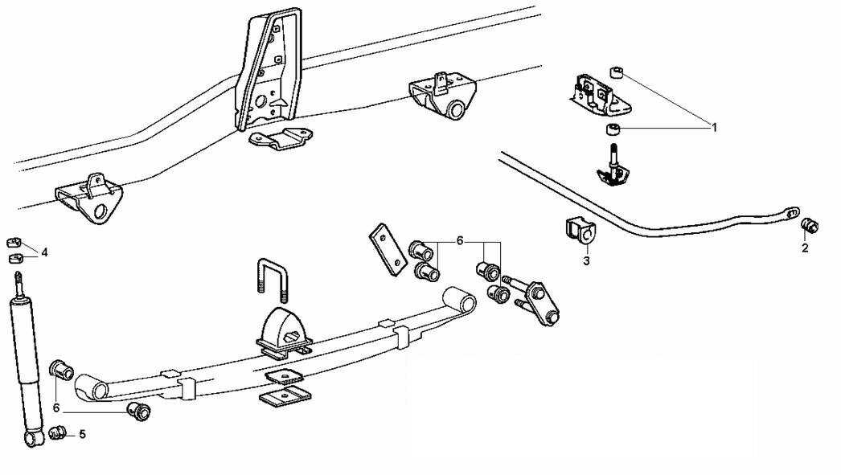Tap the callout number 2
coord(805,248)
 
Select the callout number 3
coord(586,260)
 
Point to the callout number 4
coord(44,252)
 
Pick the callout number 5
coord(82,435)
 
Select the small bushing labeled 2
coord(810,225)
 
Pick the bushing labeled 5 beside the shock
coord(58,434)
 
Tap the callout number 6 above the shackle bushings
coord(460,240)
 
